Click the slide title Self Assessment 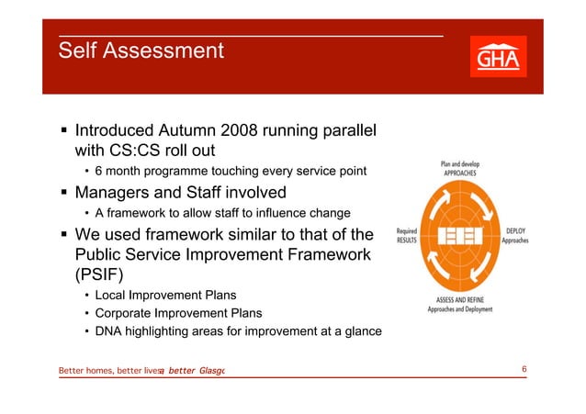click(141, 50)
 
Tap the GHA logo click(498, 58)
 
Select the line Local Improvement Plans click(165, 296)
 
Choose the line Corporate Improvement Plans click(179, 314)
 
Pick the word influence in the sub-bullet click(276, 214)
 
